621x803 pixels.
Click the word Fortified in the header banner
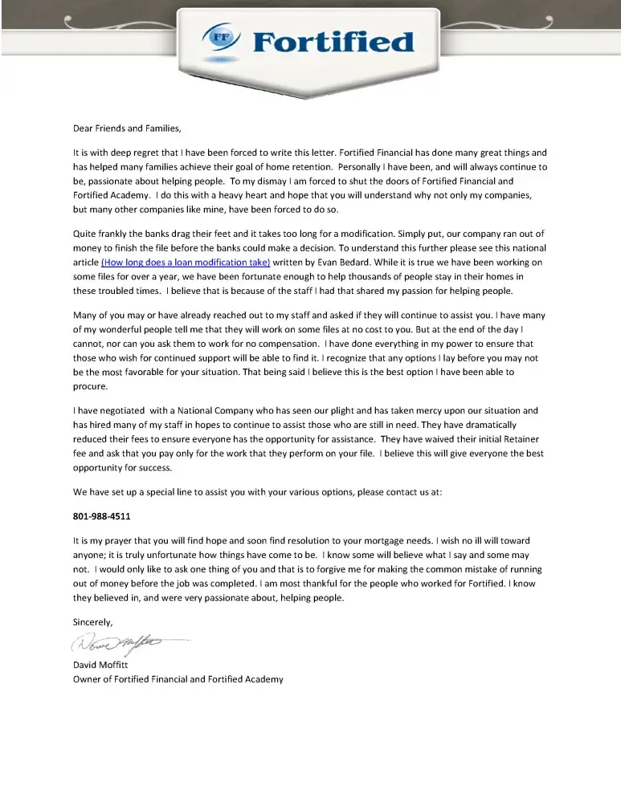(333, 41)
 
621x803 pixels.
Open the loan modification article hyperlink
(186, 263)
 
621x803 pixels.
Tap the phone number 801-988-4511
(101, 516)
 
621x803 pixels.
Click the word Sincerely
(93, 622)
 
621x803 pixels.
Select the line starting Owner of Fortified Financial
(178, 679)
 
